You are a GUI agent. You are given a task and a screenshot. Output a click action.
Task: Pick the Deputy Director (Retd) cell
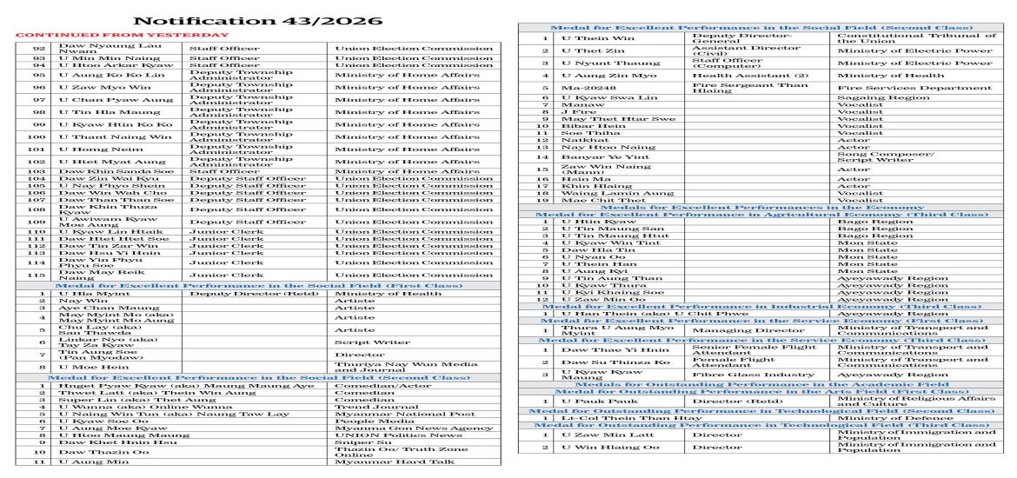[236, 294]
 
